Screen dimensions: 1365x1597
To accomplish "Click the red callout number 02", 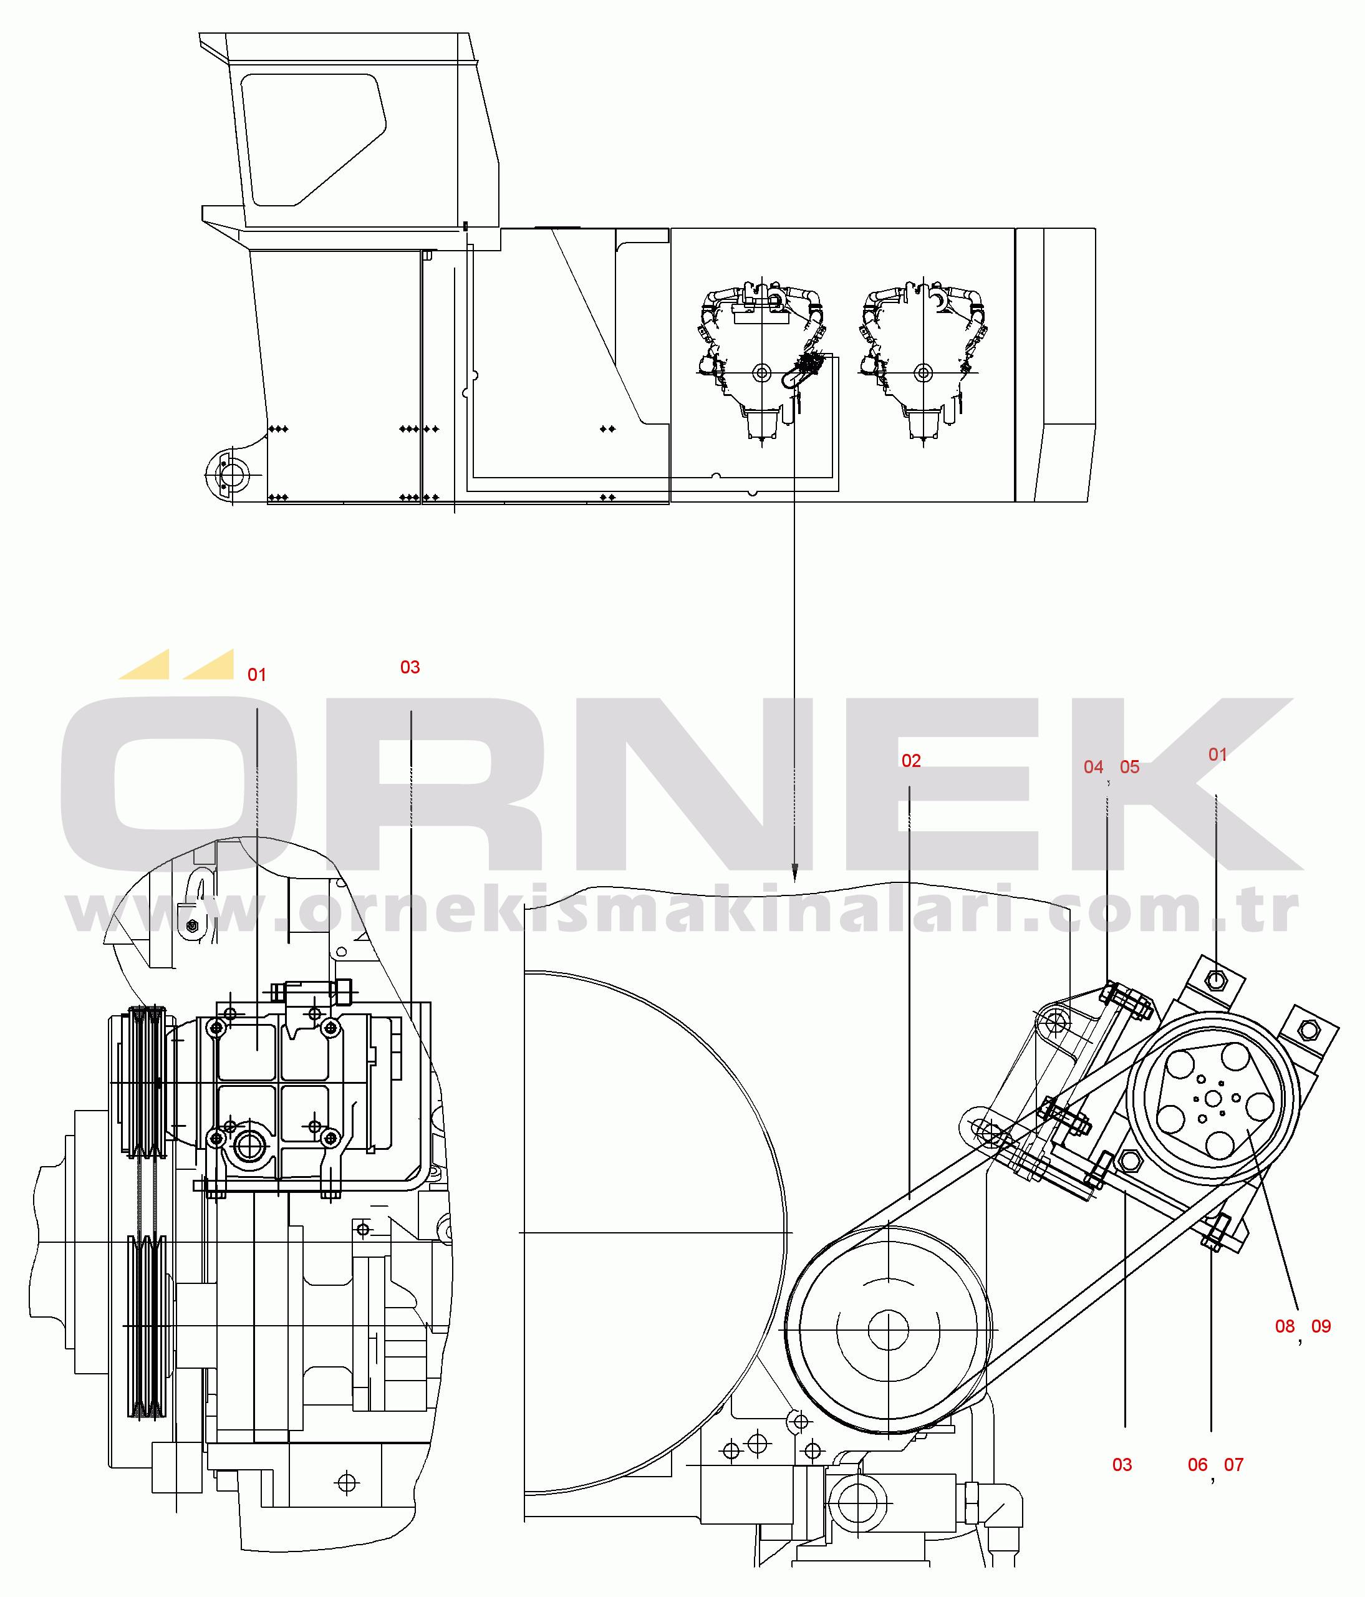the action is (x=911, y=761).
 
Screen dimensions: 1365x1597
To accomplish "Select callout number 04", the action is (x=1093, y=767).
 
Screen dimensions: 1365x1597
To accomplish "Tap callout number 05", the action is (x=1129, y=767).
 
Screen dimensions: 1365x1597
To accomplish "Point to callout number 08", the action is (x=1285, y=1326).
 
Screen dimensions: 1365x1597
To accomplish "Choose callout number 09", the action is (x=1321, y=1326).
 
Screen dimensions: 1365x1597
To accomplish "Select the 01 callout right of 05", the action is (x=1218, y=755).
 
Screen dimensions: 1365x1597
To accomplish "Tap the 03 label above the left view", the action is (x=410, y=667).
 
